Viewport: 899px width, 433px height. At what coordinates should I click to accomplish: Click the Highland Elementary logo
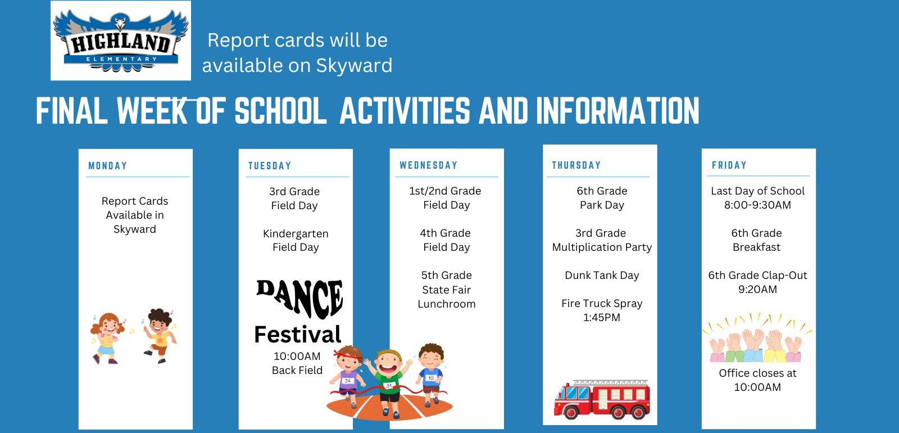tap(120, 40)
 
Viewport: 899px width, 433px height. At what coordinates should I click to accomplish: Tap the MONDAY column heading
tap(107, 165)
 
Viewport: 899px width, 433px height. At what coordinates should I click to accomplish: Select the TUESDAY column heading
tap(270, 165)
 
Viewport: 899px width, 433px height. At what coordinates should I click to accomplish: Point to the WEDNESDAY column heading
tap(428, 165)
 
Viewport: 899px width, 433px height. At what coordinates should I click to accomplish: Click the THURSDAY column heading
tap(576, 165)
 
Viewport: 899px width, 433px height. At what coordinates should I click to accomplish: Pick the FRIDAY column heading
tap(729, 165)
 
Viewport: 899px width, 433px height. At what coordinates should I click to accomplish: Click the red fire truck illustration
tap(602, 399)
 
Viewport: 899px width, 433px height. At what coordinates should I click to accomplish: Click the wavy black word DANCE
tap(299, 298)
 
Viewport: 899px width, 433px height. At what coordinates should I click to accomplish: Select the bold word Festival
tap(298, 334)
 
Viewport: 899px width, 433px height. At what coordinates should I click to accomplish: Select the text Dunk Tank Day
tap(602, 276)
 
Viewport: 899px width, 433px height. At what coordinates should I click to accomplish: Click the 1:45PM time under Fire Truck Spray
tap(602, 318)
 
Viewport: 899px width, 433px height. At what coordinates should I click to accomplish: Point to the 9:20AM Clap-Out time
tap(757, 289)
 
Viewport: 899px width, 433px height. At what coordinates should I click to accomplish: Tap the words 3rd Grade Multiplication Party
tap(602, 240)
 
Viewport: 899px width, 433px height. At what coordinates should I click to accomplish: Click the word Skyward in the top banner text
tap(354, 66)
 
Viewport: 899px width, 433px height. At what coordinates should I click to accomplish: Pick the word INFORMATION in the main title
tap(618, 110)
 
